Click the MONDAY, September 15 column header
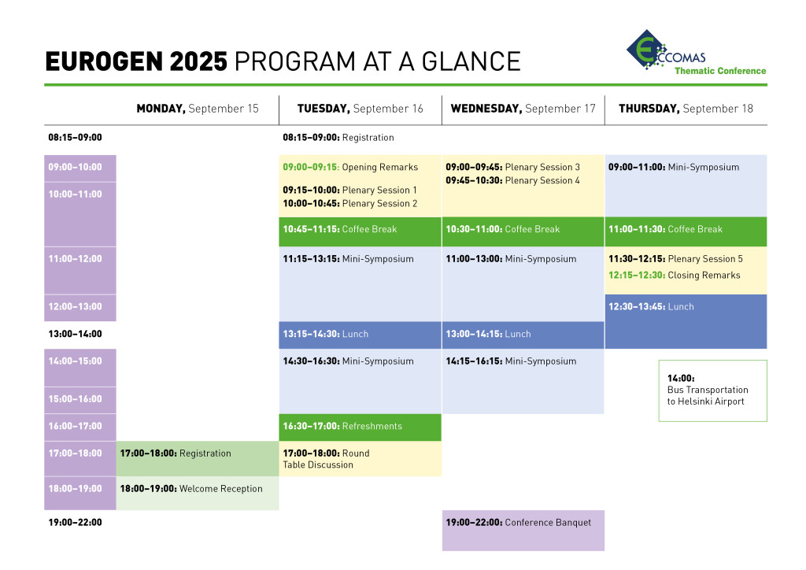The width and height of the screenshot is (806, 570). (197, 109)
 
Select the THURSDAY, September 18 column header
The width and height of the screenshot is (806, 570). (686, 109)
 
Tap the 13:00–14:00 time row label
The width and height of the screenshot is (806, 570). (75, 334)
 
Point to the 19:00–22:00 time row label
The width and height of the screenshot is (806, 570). (75, 522)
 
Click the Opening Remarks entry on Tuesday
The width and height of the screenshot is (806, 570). (350, 167)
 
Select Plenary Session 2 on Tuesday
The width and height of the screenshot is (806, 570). (349, 203)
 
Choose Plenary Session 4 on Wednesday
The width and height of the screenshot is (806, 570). (512, 180)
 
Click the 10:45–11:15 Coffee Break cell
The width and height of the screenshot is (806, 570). (360, 230)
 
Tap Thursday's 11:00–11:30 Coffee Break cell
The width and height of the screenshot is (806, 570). (686, 230)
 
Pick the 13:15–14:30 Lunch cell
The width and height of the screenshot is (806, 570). (360, 335)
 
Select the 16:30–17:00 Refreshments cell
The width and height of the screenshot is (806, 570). (360, 427)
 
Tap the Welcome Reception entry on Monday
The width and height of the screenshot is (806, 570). (191, 489)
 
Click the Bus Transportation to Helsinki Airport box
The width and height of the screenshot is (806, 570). (712, 390)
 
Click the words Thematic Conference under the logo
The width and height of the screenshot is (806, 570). (719, 71)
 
